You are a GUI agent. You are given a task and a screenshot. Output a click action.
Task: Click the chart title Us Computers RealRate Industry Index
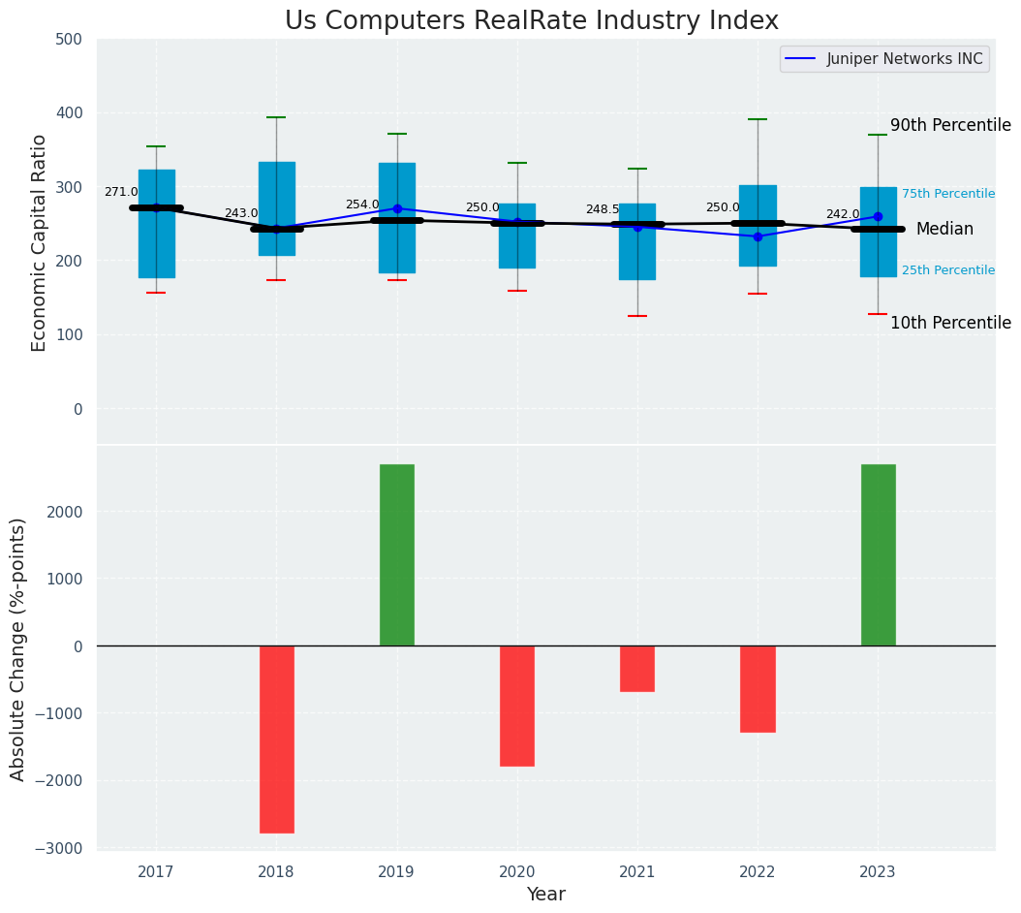[531, 21]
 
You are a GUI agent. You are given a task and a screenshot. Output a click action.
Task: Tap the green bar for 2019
[396, 554]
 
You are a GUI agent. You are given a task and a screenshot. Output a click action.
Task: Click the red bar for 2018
[276, 739]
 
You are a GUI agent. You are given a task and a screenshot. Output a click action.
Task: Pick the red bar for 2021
[636, 669]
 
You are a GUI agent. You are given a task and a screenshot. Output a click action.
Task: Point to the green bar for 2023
[878, 554]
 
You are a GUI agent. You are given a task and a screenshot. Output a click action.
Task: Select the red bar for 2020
[516, 706]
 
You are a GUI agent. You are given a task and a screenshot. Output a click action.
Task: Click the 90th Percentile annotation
[949, 125]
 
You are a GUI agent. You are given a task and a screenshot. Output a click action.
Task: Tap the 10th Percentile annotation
[949, 323]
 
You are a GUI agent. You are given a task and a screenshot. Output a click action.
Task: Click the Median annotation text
[944, 229]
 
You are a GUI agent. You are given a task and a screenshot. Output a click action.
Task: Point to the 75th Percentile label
[947, 194]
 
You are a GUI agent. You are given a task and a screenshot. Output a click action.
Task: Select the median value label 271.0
[121, 192]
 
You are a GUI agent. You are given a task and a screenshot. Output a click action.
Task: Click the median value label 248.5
[602, 209]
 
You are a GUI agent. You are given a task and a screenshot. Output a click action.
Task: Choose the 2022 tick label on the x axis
[757, 872]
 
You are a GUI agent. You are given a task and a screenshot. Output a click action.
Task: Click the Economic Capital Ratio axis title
[40, 242]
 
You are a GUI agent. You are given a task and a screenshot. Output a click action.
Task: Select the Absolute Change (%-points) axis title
[18, 648]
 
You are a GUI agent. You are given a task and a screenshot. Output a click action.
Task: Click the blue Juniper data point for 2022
[758, 236]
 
